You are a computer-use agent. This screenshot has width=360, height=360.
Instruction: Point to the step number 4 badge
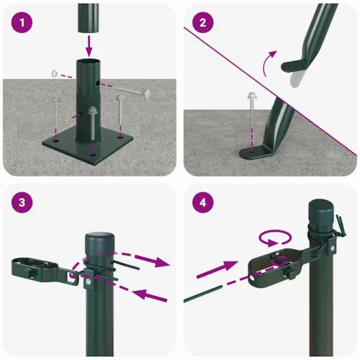pos(204,202)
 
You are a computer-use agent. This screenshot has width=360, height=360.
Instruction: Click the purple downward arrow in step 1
pos(89,46)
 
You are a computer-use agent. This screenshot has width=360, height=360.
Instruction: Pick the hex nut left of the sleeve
pos(54,73)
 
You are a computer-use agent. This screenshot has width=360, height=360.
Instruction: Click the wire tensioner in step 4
pos(274,266)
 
